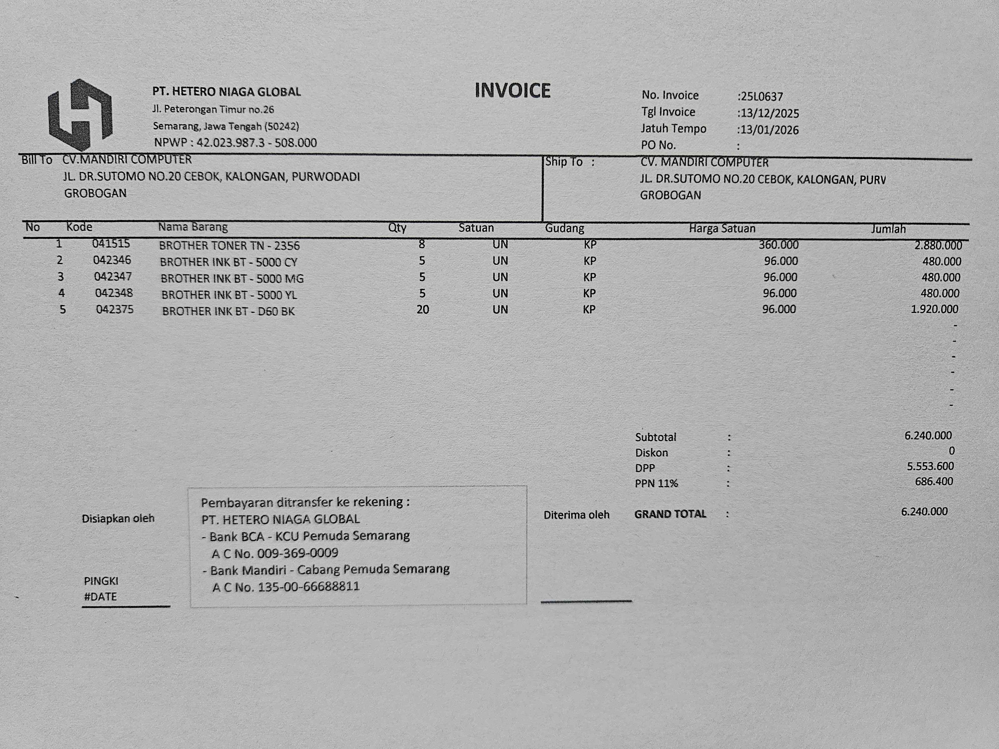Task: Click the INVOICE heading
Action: [x=512, y=90]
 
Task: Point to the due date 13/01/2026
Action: [x=769, y=130]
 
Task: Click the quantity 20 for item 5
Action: [x=423, y=310]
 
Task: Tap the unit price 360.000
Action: [x=779, y=245]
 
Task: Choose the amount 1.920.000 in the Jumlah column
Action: [x=934, y=309]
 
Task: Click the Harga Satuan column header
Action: [x=722, y=228]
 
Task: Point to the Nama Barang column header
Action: [x=193, y=227]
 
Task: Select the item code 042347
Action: [x=113, y=276]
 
